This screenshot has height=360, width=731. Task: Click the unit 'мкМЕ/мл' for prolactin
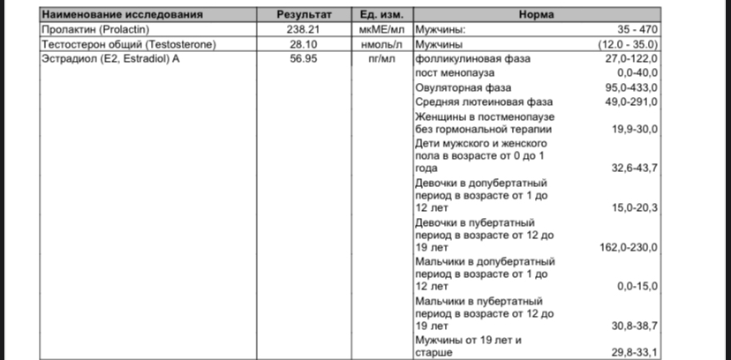coord(381,29)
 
